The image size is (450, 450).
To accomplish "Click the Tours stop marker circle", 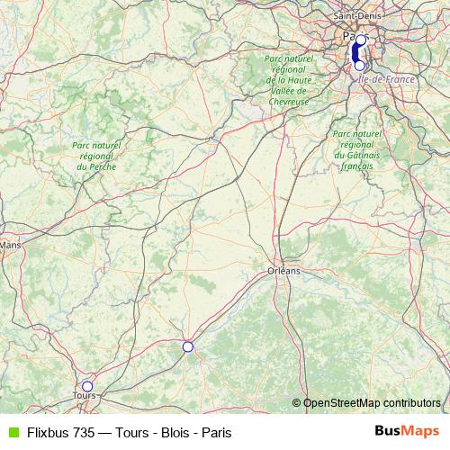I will click(86, 386).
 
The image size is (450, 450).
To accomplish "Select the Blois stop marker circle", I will click(187, 346).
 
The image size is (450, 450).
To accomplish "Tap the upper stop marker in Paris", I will click(361, 40).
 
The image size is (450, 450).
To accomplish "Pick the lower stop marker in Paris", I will click(360, 65).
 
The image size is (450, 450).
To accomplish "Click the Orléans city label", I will click(284, 269).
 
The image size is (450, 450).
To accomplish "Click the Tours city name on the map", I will click(84, 396).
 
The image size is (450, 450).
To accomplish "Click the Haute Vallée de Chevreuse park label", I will click(288, 79).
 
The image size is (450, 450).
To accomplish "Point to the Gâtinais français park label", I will click(358, 149).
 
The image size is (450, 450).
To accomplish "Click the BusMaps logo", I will click(408, 431).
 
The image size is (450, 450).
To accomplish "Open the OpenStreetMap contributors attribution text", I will click(372, 402).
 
